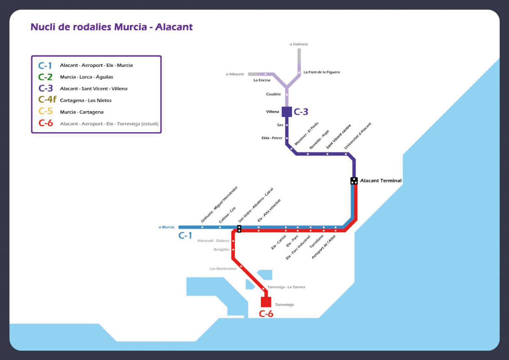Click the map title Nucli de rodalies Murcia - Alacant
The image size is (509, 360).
(x=112, y=27)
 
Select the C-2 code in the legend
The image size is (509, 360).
(x=45, y=77)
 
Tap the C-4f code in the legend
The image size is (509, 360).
(x=47, y=100)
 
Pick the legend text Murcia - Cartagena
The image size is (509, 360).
(x=81, y=112)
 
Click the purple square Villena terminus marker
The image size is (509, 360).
(x=287, y=112)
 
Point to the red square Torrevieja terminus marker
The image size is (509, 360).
(x=266, y=302)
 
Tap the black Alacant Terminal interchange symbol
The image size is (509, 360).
(x=354, y=181)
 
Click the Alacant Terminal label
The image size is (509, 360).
(x=380, y=181)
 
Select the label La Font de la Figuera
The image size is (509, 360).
(x=322, y=72)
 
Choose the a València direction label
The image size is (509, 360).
(x=299, y=44)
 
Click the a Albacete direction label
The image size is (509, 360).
(x=235, y=74)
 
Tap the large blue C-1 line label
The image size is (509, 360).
(x=185, y=236)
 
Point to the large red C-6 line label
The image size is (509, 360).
(x=266, y=314)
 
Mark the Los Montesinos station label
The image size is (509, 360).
(x=223, y=268)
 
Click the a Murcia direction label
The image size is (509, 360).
(x=167, y=227)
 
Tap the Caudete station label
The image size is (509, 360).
(x=274, y=94)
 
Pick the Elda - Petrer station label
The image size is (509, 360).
(x=272, y=138)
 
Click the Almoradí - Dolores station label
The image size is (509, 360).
(x=213, y=241)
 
